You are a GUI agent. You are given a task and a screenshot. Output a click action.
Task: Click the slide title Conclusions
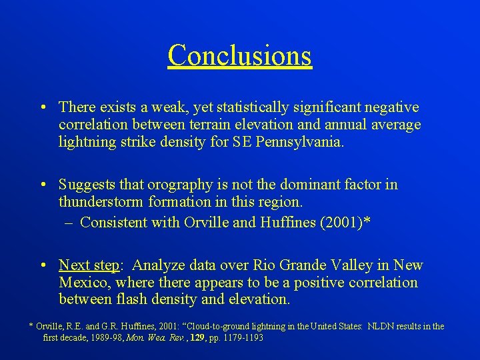click(239, 55)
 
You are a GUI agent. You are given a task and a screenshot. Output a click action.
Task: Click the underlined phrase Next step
click(89, 265)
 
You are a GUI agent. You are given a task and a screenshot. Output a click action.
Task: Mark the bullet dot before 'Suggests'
click(42, 185)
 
